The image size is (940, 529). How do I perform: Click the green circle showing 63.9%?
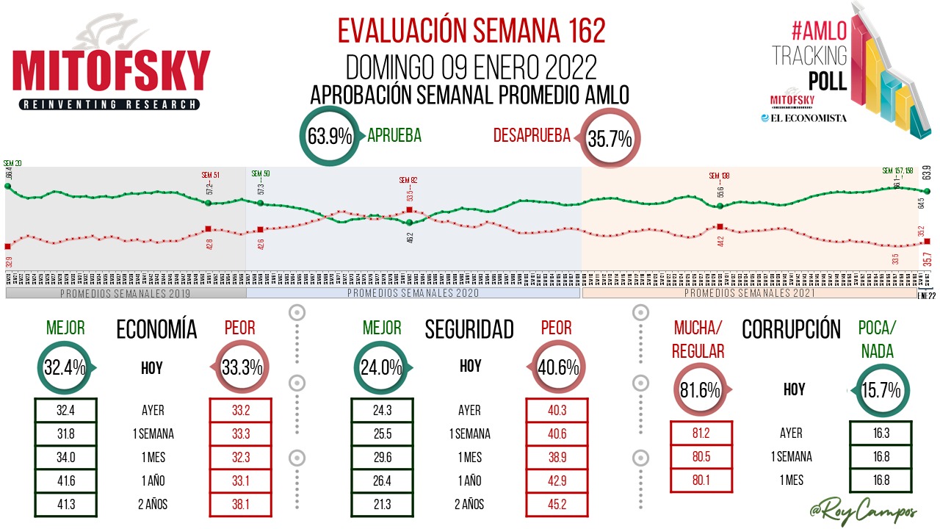[330, 137]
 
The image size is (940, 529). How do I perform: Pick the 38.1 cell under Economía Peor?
[241, 505]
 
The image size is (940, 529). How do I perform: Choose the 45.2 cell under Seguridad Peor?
[557, 505]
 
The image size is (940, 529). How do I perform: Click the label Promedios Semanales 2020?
[413, 293]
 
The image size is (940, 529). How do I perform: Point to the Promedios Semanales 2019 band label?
[125, 293]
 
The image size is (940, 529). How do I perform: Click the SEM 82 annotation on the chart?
[408, 180]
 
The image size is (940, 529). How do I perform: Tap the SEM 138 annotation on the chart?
[719, 176]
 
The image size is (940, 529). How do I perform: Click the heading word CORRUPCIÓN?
[791, 330]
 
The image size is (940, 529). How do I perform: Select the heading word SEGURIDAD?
[469, 330]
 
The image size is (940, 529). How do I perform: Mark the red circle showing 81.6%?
[700, 390]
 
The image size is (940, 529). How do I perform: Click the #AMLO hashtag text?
[820, 29]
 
